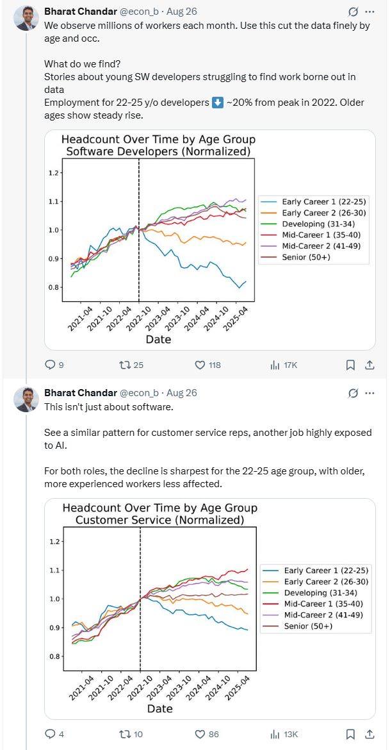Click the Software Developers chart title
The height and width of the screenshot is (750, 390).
point(158,145)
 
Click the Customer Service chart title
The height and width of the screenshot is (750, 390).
point(159,514)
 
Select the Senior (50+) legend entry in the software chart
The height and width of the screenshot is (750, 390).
point(307,258)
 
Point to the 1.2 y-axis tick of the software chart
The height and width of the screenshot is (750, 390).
point(54,173)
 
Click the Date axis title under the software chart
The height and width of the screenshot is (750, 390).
point(158,339)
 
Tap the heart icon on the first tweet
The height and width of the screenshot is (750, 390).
point(199,365)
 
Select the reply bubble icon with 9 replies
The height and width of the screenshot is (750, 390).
point(51,365)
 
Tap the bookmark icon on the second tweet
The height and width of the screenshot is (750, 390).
point(350,734)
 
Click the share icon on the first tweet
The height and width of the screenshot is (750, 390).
point(370,365)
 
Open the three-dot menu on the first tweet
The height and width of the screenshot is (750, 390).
point(370,12)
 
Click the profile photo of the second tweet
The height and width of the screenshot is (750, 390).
point(26,399)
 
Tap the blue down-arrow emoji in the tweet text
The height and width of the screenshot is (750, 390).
point(218,103)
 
